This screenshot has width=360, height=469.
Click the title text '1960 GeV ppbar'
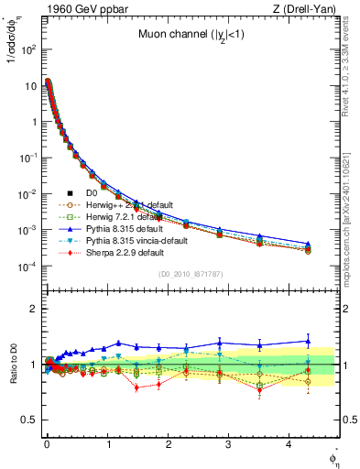[x=75, y=10]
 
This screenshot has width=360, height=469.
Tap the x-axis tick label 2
[x=168, y=452]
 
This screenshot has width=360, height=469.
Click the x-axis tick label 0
[x=47, y=452]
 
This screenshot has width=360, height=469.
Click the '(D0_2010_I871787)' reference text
[x=191, y=274]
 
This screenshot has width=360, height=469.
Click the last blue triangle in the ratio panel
[x=308, y=341]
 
